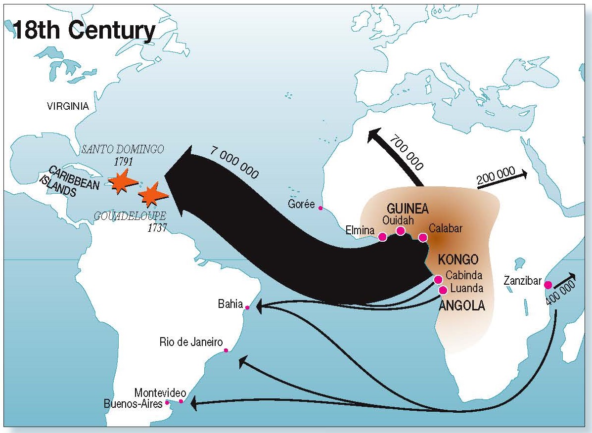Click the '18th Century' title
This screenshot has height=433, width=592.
pos(84,31)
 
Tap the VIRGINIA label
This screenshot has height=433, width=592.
pos(68,106)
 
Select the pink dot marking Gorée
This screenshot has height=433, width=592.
pos(320,208)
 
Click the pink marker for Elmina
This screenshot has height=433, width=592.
pos(382,237)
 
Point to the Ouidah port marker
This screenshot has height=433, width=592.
pos(401,231)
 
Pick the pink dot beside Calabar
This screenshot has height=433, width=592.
pos(423,238)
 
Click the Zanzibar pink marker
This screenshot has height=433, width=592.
pos(548,285)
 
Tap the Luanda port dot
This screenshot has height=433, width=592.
pos(443,290)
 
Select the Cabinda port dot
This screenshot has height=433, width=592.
pos(438,280)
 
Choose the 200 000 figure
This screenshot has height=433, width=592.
pos(496,179)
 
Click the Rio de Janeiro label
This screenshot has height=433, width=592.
pos(191,342)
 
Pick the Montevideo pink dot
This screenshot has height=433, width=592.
pos(181,401)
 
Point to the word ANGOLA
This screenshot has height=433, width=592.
pos(462,306)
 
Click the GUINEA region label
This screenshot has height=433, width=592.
pos(408,208)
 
